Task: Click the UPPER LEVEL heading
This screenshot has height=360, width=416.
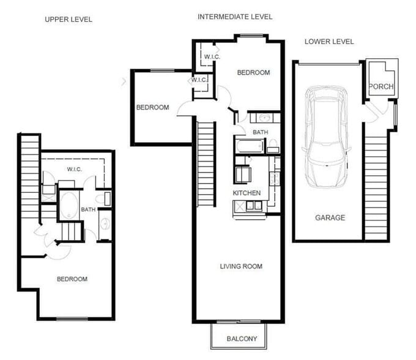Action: point(69,20)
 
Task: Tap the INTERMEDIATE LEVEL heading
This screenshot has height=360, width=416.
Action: point(235,17)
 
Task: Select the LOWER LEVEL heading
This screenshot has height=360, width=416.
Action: point(329,42)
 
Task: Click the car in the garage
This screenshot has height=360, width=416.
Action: point(327,138)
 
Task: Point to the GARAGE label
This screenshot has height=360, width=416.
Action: point(330,217)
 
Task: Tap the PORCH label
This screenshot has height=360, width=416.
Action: point(382,87)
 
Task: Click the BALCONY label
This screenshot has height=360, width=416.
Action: point(242,339)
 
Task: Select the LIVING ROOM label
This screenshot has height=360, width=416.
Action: point(241,266)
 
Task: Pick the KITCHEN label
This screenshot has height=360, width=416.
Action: point(247,193)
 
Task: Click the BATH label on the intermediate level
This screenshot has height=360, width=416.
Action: point(261,132)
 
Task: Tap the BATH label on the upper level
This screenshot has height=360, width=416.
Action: point(88,209)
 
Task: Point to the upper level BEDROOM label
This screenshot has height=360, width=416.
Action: point(72,279)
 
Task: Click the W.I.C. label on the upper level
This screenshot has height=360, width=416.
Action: point(74,170)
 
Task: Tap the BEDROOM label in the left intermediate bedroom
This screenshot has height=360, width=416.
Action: point(152,108)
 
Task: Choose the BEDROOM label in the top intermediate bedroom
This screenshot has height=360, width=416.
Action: point(253,73)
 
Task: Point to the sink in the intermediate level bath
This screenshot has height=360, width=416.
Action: point(265,117)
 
